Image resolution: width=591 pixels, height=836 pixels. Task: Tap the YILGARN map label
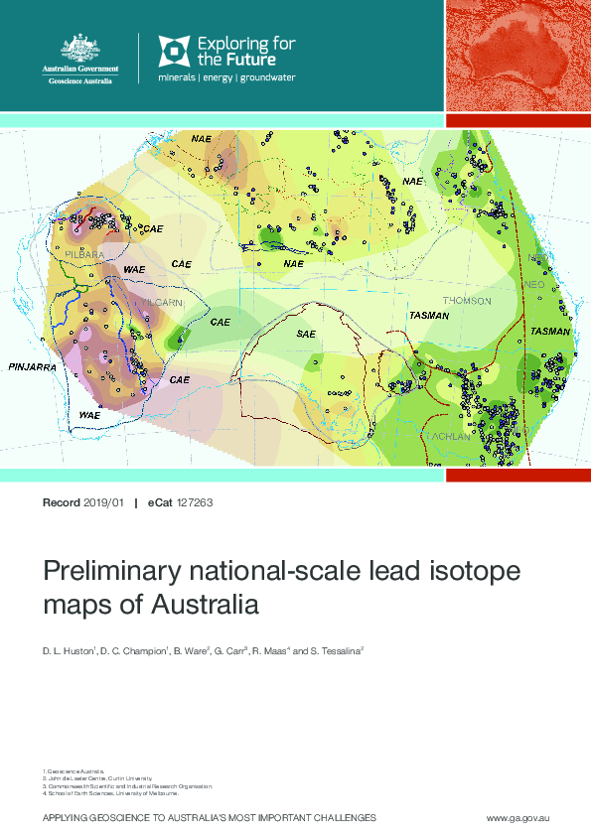point(161,301)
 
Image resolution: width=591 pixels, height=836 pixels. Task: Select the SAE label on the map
point(306,335)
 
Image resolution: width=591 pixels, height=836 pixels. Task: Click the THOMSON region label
point(467,300)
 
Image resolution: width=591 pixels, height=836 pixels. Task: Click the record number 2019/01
point(103,503)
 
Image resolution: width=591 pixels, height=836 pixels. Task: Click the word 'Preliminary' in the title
point(104,573)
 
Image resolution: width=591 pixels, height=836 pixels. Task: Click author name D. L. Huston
point(67,651)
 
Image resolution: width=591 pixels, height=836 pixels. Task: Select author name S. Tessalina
point(334,651)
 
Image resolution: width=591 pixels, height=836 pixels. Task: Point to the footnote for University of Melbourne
point(111,793)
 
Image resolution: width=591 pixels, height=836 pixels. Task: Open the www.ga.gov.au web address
point(517,816)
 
